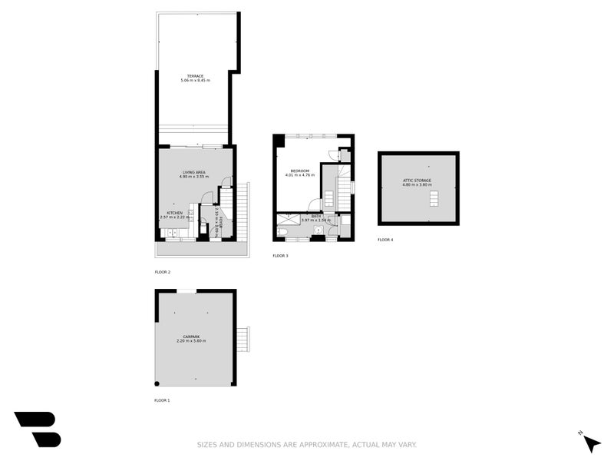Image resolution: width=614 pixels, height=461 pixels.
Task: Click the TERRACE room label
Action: (194, 75)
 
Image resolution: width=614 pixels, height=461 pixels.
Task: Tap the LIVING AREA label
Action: (194, 172)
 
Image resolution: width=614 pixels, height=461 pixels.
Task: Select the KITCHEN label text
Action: (174, 213)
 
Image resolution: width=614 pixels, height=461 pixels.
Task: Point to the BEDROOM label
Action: (299, 171)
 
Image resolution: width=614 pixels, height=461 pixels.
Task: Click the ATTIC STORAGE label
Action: (418, 181)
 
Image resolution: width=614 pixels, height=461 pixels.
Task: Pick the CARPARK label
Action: (191, 336)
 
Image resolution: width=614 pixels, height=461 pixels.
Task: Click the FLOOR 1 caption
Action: (162, 400)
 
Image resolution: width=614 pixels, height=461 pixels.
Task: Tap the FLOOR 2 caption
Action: (162, 272)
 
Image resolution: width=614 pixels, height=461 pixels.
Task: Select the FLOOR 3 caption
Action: (280, 255)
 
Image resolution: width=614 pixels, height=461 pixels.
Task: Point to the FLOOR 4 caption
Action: (385, 240)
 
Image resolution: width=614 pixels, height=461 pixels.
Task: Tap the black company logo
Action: (37, 429)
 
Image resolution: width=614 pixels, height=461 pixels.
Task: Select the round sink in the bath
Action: (318, 230)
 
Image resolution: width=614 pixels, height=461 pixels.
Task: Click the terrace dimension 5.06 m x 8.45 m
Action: (194, 80)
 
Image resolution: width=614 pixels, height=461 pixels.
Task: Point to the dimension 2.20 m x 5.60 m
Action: (191, 340)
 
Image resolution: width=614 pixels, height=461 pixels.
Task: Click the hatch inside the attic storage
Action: (434, 199)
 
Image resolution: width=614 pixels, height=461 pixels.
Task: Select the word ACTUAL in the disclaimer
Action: (368, 444)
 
